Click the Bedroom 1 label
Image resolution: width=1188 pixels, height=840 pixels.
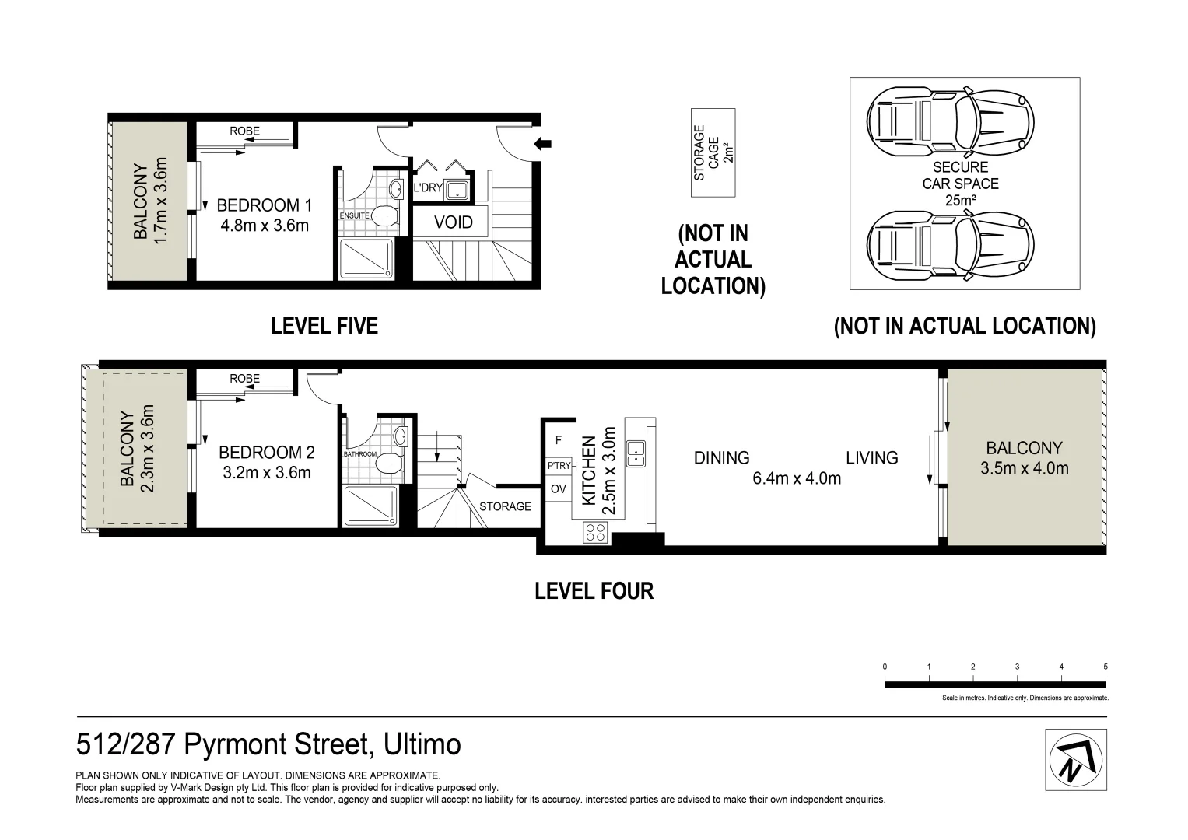[x=264, y=206]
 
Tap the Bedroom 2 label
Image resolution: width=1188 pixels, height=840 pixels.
[x=267, y=453]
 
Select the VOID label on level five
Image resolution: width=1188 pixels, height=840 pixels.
[x=454, y=222]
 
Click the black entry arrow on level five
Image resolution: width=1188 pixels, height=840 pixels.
[x=542, y=143]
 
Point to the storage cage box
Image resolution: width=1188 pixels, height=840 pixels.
[x=713, y=152]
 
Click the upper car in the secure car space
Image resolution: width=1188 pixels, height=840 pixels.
[x=951, y=121]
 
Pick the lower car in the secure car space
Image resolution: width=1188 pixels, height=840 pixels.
[x=951, y=245]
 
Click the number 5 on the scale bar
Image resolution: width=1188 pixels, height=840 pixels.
[x=1106, y=667]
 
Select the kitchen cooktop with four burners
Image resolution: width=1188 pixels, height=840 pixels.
[x=595, y=533]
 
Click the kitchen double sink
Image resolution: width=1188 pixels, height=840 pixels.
[x=636, y=454]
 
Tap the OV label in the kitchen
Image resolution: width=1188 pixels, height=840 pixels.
[x=558, y=489]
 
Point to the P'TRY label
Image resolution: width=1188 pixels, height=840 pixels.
[x=559, y=466]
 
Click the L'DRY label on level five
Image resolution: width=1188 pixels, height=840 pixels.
[x=427, y=187]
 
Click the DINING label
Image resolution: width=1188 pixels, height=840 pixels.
[x=721, y=457]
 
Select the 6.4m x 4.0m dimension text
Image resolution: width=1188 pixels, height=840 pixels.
[x=797, y=478]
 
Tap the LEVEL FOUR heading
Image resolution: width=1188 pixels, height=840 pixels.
[x=594, y=591]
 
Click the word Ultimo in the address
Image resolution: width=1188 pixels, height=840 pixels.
[x=422, y=744]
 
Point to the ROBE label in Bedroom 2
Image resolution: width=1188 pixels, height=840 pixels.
[x=244, y=379]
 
